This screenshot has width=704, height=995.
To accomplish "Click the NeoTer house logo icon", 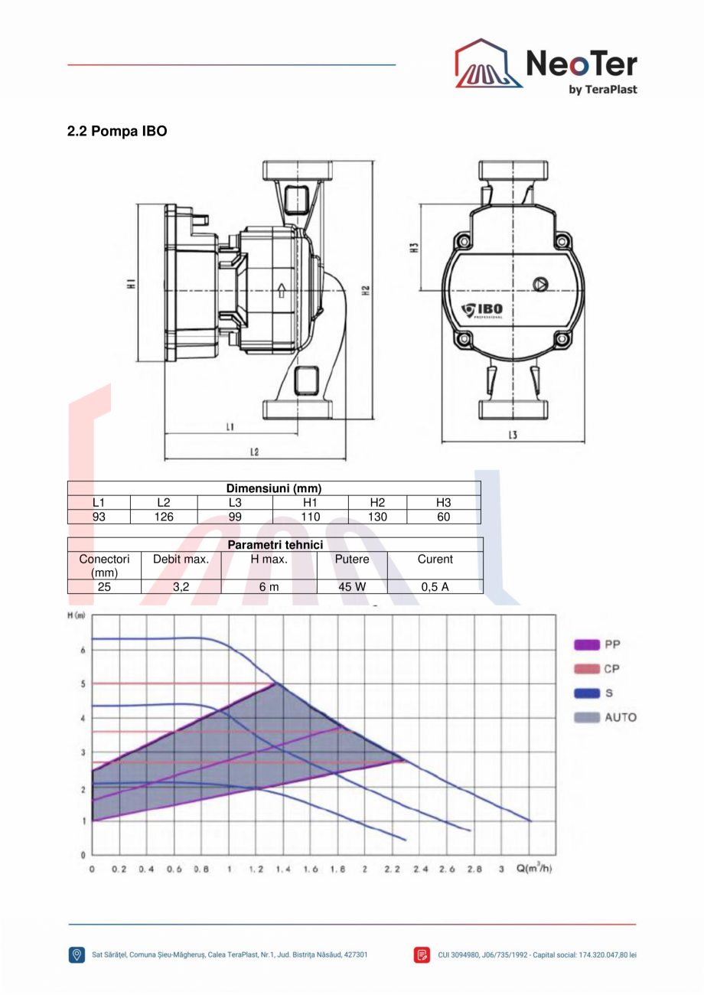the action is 488,63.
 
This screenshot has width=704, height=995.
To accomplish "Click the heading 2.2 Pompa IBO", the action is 117,132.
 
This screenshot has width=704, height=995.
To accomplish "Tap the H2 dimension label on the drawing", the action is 366,291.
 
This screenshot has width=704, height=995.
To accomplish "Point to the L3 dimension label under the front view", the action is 513,435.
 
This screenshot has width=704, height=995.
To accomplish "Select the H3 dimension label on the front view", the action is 414,248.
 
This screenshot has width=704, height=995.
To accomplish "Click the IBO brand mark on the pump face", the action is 482,310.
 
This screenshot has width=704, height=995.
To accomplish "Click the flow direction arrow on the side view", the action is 281,291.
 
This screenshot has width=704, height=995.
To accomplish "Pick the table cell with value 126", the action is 164,517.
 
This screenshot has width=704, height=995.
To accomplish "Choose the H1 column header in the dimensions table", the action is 310,502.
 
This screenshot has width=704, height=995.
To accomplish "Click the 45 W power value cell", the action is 352,587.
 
